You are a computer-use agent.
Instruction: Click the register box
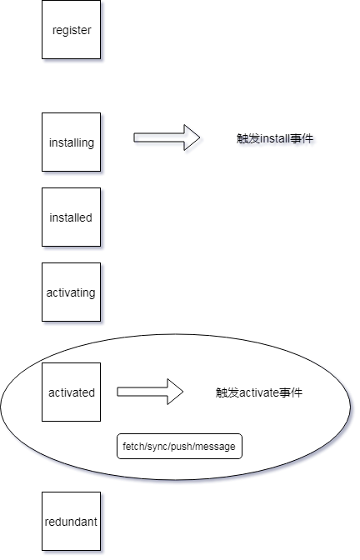point(72,30)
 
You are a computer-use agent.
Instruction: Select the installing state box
point(72,142)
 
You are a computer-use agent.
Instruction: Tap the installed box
point(72,217)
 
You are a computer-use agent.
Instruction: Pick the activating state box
point(72,292)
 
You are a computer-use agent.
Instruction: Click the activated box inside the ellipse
point(72,392)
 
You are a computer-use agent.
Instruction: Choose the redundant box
point(72,522)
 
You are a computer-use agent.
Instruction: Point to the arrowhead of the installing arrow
point(192,138)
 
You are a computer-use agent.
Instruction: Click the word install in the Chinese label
point(275,138)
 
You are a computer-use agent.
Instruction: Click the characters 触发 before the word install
point(248,138)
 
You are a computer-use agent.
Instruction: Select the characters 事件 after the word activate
point(291,392)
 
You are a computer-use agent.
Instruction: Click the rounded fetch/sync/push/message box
point(179,447)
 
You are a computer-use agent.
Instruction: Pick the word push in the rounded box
point(183,447)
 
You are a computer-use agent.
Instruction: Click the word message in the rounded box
point(216,447)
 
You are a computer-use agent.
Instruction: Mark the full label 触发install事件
point(275,138)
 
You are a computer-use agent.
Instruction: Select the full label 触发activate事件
point(258,392)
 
